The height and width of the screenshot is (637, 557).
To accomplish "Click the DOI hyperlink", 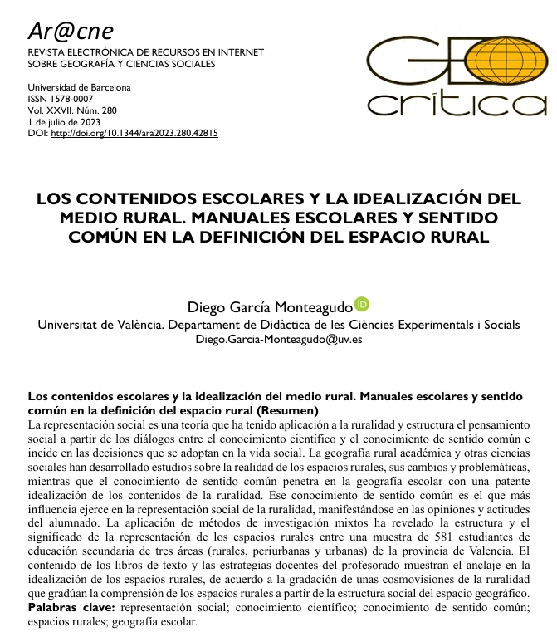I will [x=134, y=133].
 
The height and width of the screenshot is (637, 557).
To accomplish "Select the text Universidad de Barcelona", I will [x=79, y=87].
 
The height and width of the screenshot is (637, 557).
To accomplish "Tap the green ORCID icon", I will [x=361, y=304].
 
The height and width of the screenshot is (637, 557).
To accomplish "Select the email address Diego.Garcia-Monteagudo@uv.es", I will [x=278, y=339].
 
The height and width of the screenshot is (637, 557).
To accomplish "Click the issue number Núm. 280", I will [x=91, y=110].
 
